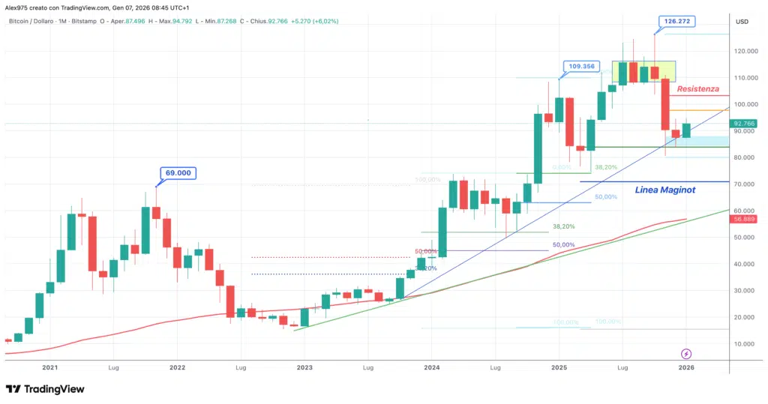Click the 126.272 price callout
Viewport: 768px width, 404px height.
point(675,22)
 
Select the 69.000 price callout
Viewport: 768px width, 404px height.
point(178,172)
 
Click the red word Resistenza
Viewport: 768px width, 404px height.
point(697,88)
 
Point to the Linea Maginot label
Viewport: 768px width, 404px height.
point(664,190)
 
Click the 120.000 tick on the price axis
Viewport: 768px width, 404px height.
point(745,51)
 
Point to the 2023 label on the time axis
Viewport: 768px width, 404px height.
point(304,368)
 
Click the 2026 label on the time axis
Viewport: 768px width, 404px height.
point(686,368)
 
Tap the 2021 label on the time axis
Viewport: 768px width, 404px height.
point(50,368)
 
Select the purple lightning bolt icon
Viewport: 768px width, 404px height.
point(686,353)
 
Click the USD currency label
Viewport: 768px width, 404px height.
point(742,22)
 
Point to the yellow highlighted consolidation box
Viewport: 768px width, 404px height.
point(643,71)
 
